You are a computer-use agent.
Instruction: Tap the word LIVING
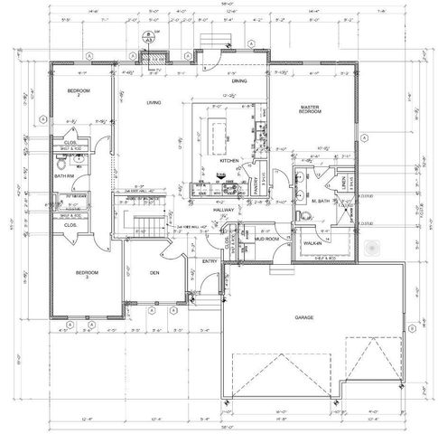(154, 103)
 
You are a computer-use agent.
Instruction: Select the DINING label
(238, 81)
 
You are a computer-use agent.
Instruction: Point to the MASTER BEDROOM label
(312, 111)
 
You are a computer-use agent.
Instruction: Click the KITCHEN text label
(230, 160)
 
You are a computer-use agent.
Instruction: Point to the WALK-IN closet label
(313, 243)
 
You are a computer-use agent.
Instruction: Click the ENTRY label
(210, 261)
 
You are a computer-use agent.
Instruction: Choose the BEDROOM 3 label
(86, 275)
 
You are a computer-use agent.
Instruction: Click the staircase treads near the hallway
(147, 222)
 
